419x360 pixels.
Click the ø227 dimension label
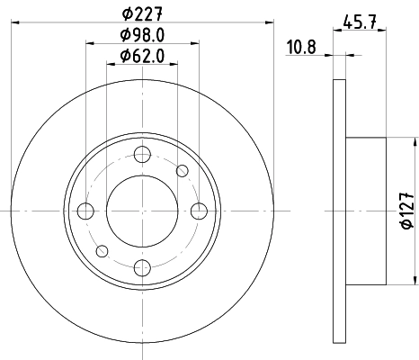143,12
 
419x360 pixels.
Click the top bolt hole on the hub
142,155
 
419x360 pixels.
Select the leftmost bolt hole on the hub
86,211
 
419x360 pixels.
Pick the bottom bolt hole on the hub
142,266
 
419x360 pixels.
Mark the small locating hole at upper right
183,171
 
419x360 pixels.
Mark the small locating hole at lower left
102,250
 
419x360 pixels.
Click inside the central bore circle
142,211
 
